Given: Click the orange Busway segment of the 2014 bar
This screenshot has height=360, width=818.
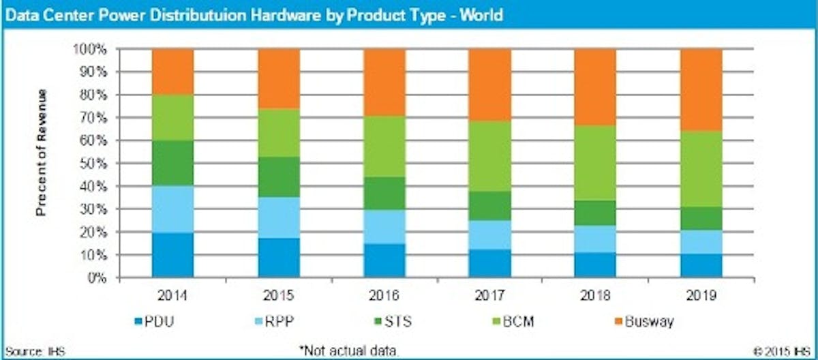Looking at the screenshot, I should (x=172, y=72).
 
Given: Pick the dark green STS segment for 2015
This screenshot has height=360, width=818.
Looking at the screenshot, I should (x=279, y=177).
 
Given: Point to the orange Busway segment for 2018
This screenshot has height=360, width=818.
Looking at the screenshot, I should (x=595, y=87).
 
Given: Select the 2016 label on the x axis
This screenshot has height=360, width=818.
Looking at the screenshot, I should (x=384, y=296).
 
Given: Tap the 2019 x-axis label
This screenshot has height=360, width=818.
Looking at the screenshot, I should (x=701, y=296).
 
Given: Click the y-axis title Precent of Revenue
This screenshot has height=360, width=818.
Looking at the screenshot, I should (x=42, y=152).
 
